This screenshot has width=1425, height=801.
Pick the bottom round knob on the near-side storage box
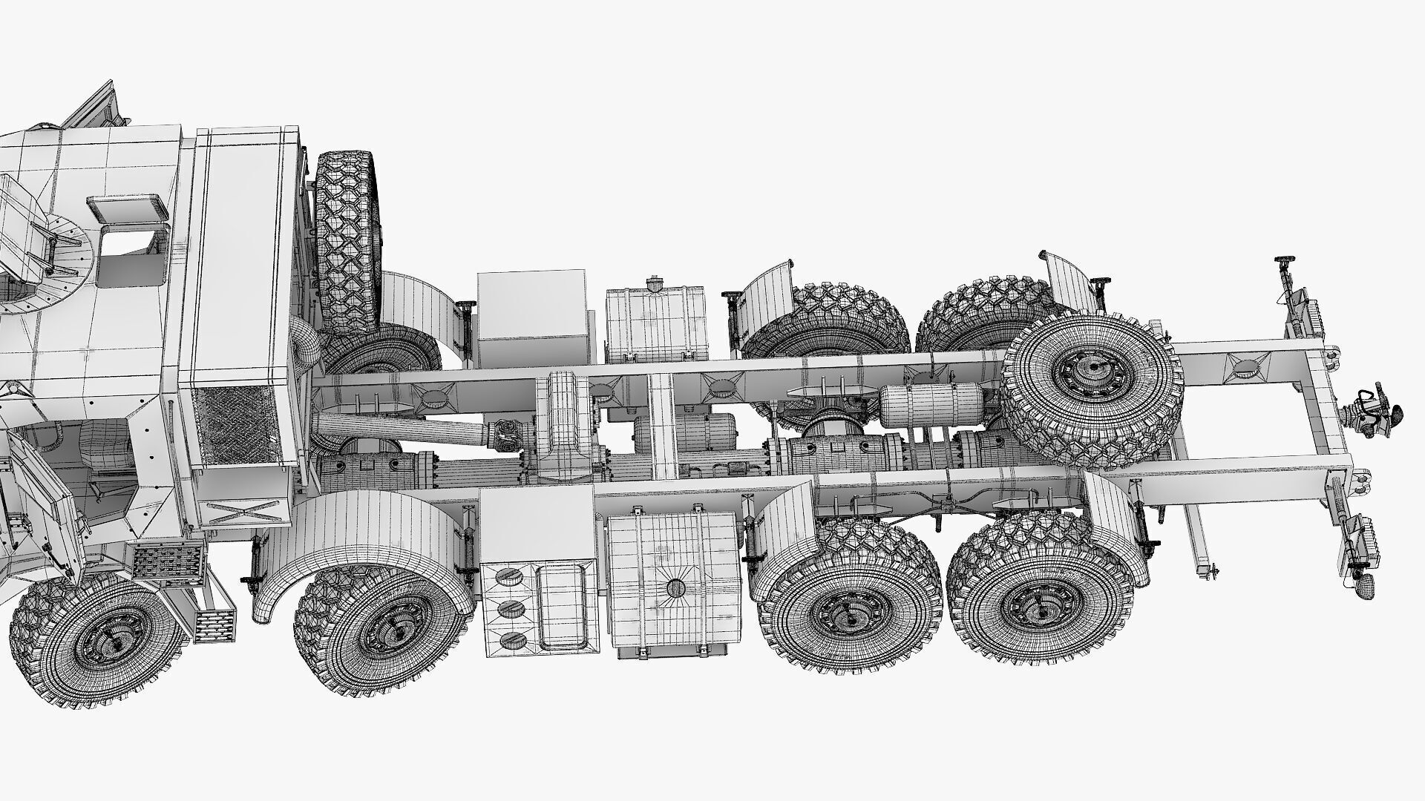click(510, 639)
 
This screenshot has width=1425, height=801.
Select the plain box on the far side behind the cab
click(531, 317)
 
